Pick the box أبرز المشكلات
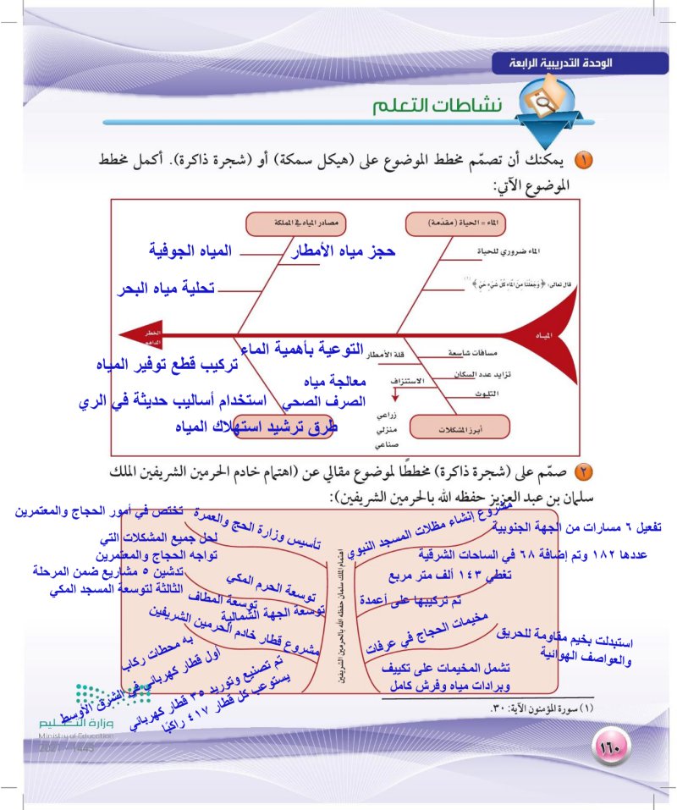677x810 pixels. tap(449, 427)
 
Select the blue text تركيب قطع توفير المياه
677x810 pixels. tap(166, 365)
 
